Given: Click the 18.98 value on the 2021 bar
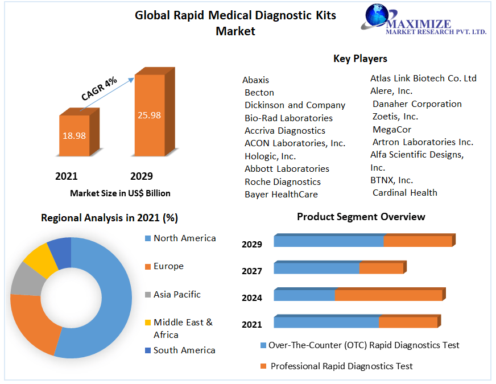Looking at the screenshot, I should (x=73, y=135).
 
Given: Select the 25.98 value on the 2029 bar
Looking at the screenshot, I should (x=149, y=115).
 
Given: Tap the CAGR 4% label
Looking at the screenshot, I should (x=99, y=89).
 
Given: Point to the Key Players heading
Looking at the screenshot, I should (x=360, y=59).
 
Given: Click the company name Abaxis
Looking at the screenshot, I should (x=256, y=80).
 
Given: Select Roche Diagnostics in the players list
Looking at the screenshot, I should (x=283, y=182).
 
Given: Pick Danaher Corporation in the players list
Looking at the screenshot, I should (x=417, y=104).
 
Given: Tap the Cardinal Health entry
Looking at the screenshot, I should (x=405, y=193).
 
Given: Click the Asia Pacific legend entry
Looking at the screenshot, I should (x=177, y=295).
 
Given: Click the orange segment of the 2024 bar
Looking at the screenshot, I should (x=388, y=295).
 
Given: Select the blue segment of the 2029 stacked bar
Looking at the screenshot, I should (x=329, y=241).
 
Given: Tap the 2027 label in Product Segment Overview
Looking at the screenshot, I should (x=252, y=271).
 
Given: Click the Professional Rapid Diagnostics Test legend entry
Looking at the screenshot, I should (x=341, y=366).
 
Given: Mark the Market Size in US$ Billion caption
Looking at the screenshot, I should (x=120, y=193).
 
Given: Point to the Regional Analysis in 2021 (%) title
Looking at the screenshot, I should (x=110, y=218).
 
